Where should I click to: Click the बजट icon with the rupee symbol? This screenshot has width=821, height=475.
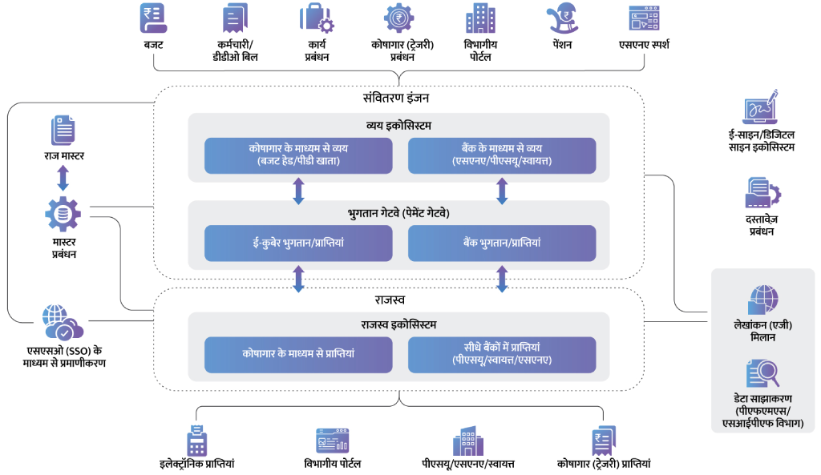tap(153, 18)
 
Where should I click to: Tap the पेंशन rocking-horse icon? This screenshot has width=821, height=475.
tap(562, 18)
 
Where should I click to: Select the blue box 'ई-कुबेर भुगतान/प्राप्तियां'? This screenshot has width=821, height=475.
tap(298, 244)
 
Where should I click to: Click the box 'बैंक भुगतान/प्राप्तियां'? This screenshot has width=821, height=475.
tap(502, 244)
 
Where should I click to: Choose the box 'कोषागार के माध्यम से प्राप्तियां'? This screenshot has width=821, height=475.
tap(298, 355)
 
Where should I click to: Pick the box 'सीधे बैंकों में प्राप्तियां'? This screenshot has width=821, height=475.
tap(502, 355)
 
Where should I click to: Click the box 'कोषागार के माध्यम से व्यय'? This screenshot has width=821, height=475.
tap(298, 155)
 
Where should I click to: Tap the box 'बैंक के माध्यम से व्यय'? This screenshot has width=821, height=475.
tap(502, 155)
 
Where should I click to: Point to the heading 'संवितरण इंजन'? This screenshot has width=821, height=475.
tap(396, 98)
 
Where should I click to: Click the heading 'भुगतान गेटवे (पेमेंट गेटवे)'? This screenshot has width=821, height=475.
tap(398, 213)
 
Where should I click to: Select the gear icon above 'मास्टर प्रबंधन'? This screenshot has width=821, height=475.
tap(63, 214)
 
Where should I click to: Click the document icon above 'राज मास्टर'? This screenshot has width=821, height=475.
tap(63, 131)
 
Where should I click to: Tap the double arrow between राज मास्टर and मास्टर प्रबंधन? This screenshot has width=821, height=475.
tap(63, 178)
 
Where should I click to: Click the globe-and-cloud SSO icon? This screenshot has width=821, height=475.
tap(63, 322)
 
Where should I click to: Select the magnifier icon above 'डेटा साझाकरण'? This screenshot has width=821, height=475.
tap(762, 373)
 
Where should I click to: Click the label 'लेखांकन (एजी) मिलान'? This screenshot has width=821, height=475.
tap(763, 331)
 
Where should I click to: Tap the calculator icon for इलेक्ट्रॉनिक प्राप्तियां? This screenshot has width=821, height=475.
tap(197, 441)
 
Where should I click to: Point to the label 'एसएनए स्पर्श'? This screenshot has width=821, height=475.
tap(644, 45)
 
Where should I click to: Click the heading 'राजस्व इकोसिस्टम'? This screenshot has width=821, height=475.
tap(398, 325)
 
